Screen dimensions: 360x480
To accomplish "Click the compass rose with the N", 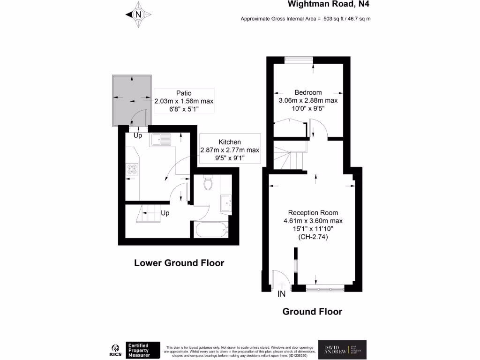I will (x=138, y=15).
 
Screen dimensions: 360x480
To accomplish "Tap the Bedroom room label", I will (x=308, y=92).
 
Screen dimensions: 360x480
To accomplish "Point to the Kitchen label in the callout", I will (x=230, y=142).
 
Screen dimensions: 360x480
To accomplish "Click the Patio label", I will (x=184, y=93).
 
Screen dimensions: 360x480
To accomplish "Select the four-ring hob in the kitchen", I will (x=131, y=169).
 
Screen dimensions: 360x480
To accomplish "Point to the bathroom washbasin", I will (x=226, y=202).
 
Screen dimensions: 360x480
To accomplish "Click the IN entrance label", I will (x=282, y=294).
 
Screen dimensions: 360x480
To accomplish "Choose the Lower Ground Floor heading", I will (x=179, y=263).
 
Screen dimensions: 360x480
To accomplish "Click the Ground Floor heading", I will (x=312, y=312).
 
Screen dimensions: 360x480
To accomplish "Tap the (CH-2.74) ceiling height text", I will (x=313, y=238).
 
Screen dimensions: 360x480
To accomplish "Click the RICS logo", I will (x=114, y=350).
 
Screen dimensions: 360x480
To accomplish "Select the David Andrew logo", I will (x=342, y=349).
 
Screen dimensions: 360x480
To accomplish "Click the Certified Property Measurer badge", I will (x=143, y=350).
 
